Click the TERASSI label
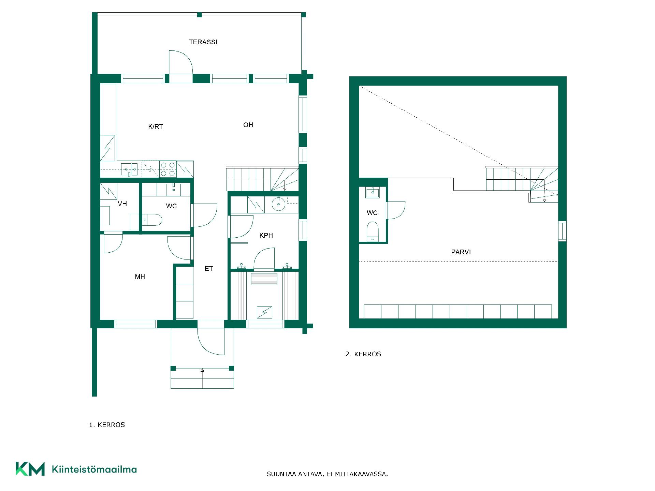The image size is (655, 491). coord(203,42)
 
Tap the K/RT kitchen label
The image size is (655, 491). coord(156,127)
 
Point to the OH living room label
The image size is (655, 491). coord(248,125)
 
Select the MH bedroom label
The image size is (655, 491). coord(140,277)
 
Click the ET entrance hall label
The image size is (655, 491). coord(208,268)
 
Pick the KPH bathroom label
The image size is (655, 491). coord(266,235)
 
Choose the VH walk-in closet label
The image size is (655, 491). coord(122,204)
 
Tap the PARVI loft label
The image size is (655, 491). coord(461,252)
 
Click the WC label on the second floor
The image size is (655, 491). coord(372,213)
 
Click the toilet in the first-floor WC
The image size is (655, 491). coord(152,220)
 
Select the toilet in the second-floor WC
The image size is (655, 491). coord(373,232)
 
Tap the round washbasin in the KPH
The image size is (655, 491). coord(279,204)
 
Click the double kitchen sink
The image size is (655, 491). coord(129,169)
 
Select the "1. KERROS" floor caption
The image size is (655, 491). coord(107,425)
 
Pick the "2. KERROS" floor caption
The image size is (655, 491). coord(363,354)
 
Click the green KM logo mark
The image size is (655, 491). coord(30,469)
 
